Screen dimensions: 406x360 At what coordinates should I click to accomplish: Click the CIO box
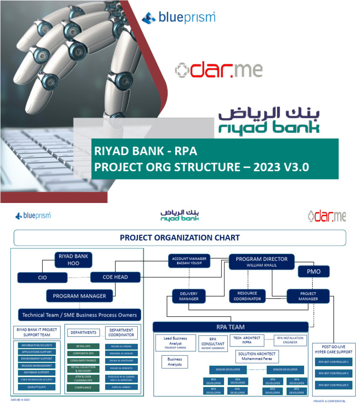tap(42, 278)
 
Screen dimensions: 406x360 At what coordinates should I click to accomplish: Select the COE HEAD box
tap(115, 277)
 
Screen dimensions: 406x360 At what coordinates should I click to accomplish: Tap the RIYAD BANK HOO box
tap(73, 259)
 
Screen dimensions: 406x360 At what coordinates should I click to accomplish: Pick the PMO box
tap(314, 271)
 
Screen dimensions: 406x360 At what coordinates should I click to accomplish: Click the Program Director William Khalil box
tap(262, 262)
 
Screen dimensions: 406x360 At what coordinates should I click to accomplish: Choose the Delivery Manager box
tap(188, 296)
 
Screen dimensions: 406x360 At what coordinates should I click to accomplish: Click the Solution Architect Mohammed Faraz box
tap(257, 356)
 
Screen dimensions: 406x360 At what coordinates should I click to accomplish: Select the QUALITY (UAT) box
tap(37, 387)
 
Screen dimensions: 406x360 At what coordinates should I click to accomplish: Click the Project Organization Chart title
tap(180, 238)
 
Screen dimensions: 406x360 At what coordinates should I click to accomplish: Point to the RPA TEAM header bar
tap(231, 327)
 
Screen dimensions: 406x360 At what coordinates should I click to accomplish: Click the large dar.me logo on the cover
tap(218, 69)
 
